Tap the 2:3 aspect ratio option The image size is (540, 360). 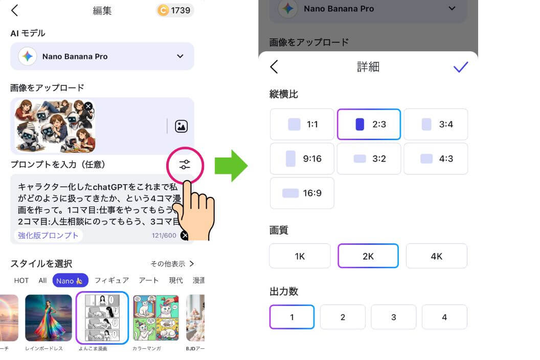tap(369, 124)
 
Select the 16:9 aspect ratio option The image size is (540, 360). tap(302, 193)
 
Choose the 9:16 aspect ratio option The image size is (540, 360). tap(302, 159)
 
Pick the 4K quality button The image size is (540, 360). tap(436, 256)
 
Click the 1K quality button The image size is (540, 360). tap(300, 256)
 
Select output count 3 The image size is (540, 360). tap(393, 317)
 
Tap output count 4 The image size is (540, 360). tap(444, 317)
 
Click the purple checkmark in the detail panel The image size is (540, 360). tap(460, 67)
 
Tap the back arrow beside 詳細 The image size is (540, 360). tap(274, 67)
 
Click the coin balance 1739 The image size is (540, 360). tap(175, 10)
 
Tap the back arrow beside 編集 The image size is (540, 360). tap(14, 10)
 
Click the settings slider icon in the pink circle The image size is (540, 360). tap(185, 165)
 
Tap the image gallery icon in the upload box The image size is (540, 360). tap(181, 126)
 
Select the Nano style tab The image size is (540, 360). tap(70, 280)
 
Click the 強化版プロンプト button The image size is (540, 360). tap(49, 235)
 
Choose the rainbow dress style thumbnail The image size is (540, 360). tap(49, 318)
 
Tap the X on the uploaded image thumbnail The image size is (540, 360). tap(88, 106)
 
